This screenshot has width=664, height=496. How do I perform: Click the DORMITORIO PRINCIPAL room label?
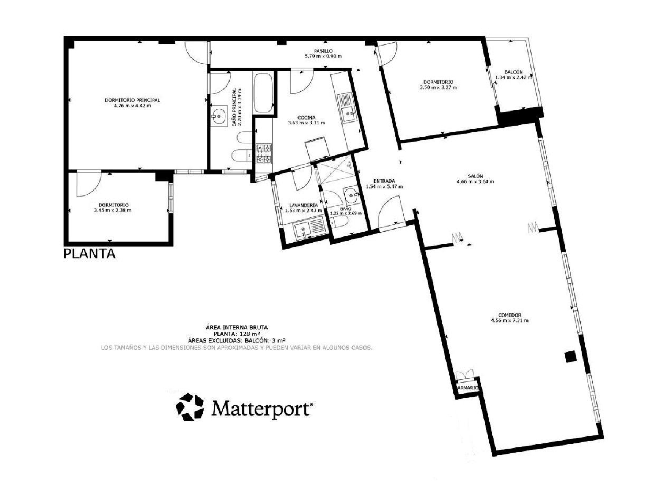[132, 100]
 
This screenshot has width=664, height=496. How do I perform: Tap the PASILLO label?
[323, 51]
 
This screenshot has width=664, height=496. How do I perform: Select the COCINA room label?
[306, 117]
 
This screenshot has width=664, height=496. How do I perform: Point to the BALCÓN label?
[513, 72]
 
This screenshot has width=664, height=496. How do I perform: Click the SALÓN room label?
[475, 176]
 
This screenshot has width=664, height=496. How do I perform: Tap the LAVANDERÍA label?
[303, 205]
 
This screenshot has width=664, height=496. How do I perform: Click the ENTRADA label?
[384, 181]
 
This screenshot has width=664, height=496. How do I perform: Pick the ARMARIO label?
[467, 388]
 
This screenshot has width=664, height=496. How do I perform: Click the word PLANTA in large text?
[89, 254]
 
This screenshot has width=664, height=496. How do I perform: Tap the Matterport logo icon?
[190, 406]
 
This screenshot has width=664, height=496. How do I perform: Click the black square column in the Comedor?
[570, 357]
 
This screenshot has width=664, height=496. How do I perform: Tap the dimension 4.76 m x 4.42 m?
[132, 105]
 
